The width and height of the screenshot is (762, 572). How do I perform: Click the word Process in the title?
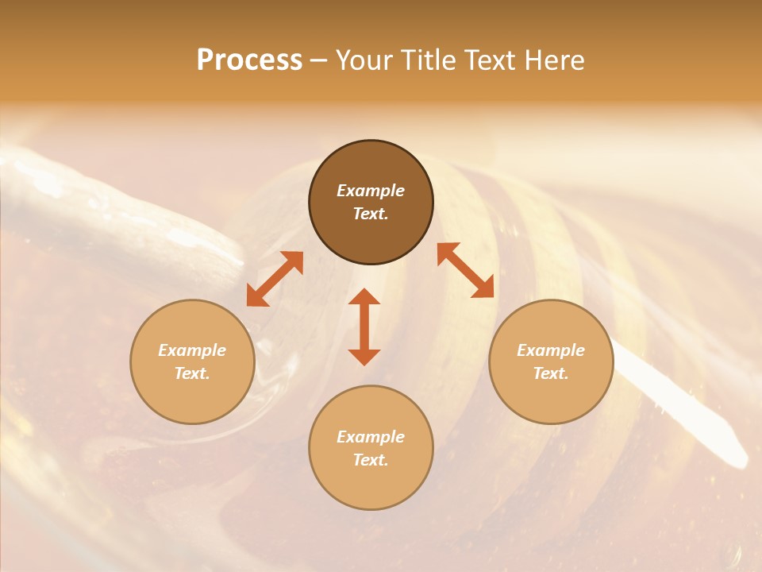click(x=249, y=60)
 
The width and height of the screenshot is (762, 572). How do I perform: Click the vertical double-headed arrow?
click(x=364, y=327)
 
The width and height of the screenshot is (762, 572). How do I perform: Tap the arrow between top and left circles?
click(x=275, y=279)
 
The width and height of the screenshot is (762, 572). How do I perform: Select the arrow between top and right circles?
click(x=466, y=270)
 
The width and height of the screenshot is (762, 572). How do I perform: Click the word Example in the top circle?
click(x=371, y=191)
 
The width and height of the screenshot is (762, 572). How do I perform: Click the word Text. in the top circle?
click(x=371, y=214)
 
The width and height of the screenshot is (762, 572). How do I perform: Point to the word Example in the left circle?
click(x=192, y=350)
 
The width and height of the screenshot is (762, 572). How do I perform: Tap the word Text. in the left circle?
click(x=192, y=373)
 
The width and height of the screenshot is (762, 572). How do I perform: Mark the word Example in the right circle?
click(x=551, y=350)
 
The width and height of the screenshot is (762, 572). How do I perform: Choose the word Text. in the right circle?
click(x=551, y=373)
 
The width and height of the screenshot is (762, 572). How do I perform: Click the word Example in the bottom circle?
click(x=371, y=437)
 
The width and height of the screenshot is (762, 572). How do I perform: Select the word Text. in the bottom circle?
click(x=371, y=460)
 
